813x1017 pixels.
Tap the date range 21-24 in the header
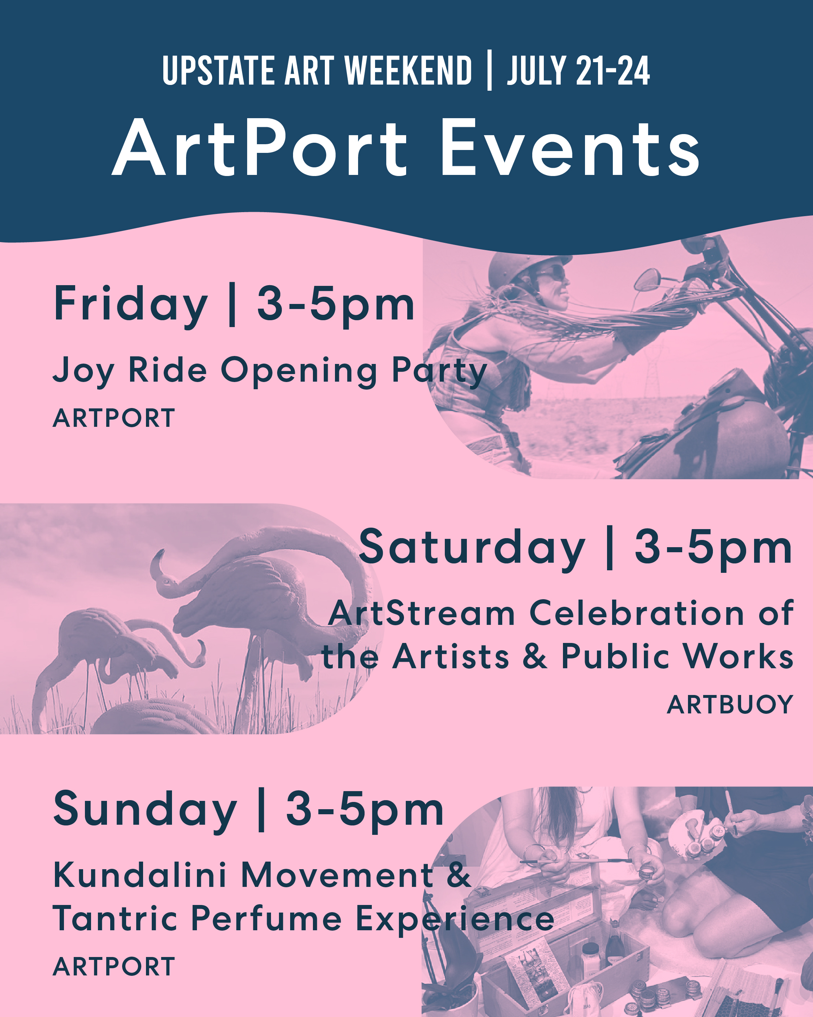click(x=612, y=71)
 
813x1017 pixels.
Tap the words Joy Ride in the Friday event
click(x=130, y=371)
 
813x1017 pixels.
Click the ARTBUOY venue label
click(x=730, y=705)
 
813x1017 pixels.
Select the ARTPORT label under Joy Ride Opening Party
click(x=114, y=418)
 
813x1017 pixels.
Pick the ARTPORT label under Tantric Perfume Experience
click(x=114, y=966)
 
